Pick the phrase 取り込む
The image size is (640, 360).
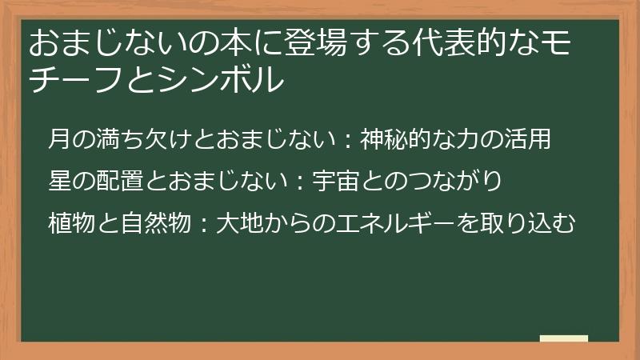click(535, 223)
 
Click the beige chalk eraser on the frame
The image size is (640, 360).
click(563, 340)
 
